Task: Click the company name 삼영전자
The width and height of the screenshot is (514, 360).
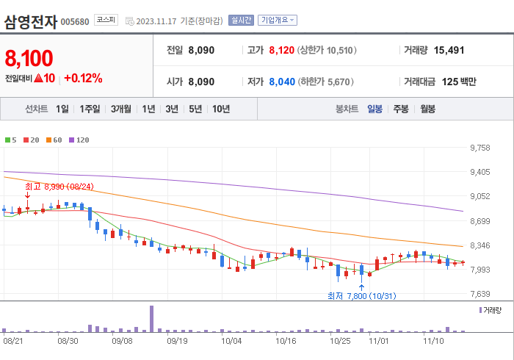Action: (x=30, y=21)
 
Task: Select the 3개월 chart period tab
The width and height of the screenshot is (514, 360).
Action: (x=121, y=109)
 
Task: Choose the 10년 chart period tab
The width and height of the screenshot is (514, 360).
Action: (x=220, y=109)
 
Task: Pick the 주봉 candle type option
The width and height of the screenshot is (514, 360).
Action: (x=401, y=109)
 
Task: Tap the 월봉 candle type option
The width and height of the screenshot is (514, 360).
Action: (x=427, y=109)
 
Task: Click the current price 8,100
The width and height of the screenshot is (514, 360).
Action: (x=29, y=57)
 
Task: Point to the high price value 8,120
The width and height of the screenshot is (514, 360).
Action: (x=281, y=51)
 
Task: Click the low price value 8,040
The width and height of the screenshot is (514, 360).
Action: (x=281, y=82)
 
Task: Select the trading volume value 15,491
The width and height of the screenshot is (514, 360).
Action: (x=449, y=51)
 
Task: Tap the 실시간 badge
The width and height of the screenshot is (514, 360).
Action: (x=241, y=21)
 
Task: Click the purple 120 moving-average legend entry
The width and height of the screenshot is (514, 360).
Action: (x=79, y=140)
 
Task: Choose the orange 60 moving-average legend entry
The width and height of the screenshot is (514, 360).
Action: (x=55, y=140)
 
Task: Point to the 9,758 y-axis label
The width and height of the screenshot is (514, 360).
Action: (x=479, y=148)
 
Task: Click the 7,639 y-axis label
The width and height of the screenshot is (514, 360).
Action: (x=479, y=294)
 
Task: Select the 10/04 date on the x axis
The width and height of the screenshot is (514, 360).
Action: (x=231, y=341)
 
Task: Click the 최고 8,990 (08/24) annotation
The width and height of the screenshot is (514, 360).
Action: (x=59, y=187)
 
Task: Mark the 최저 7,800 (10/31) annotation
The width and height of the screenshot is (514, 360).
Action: (x=361, y=295)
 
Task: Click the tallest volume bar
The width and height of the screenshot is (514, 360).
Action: (x=152, y=318)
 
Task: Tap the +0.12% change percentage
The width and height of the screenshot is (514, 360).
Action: (x=83, y=78)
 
